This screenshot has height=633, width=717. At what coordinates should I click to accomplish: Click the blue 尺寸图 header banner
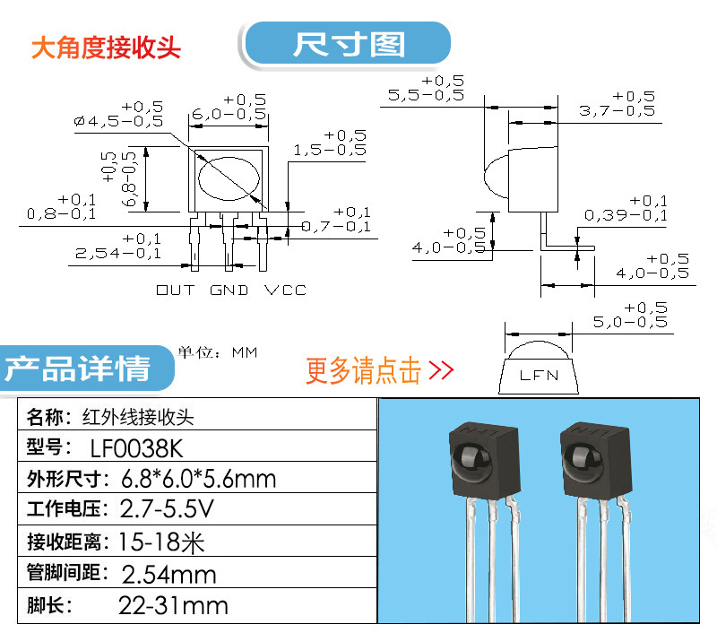tap(347, 44)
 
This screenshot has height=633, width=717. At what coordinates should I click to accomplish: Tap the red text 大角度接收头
tap(106, 48)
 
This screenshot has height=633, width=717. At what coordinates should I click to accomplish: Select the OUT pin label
tap(175, 290)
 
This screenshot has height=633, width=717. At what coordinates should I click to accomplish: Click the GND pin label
tap(229, 290)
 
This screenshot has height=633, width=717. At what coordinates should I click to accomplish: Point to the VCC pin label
tap(285, 290)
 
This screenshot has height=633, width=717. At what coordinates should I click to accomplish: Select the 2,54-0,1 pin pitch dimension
tap(118, 254)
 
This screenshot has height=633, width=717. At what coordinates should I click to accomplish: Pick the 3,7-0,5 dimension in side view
tap(616, 110)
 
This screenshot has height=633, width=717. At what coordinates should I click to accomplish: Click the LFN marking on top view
tap(539, 375)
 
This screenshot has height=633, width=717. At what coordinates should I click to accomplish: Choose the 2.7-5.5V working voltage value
tap(168, 509)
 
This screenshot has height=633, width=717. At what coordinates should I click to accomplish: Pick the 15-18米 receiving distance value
tap(157, 542)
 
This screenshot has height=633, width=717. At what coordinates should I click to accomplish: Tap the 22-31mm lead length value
tap(173, 605)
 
